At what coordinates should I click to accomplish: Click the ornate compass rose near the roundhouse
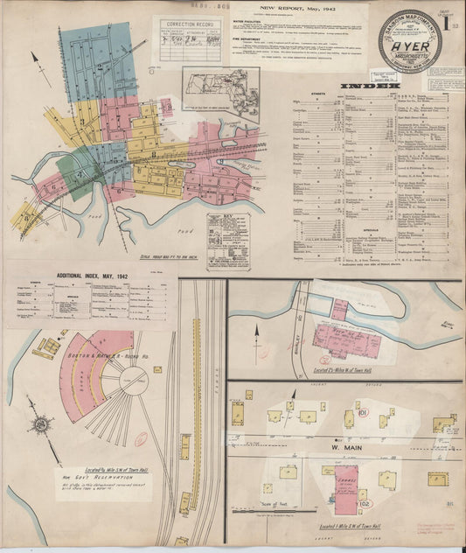click(41, 425)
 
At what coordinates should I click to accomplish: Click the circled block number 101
click(361, 412)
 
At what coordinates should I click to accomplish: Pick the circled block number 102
click(364, 502)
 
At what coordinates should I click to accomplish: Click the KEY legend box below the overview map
click(228, 241)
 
